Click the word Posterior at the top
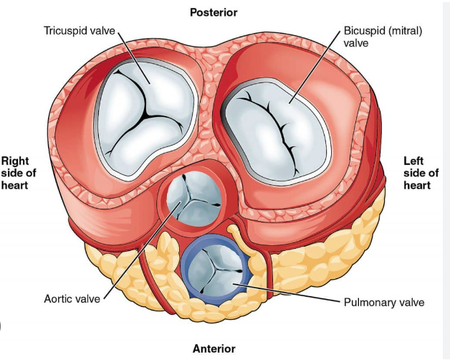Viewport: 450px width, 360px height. pyautogui.click(x=213, y=12)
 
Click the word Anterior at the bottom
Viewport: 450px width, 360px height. pyautogui.click(x=213, y=349)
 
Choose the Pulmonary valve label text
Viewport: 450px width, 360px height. pyautogui.click(x=384, y=302)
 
